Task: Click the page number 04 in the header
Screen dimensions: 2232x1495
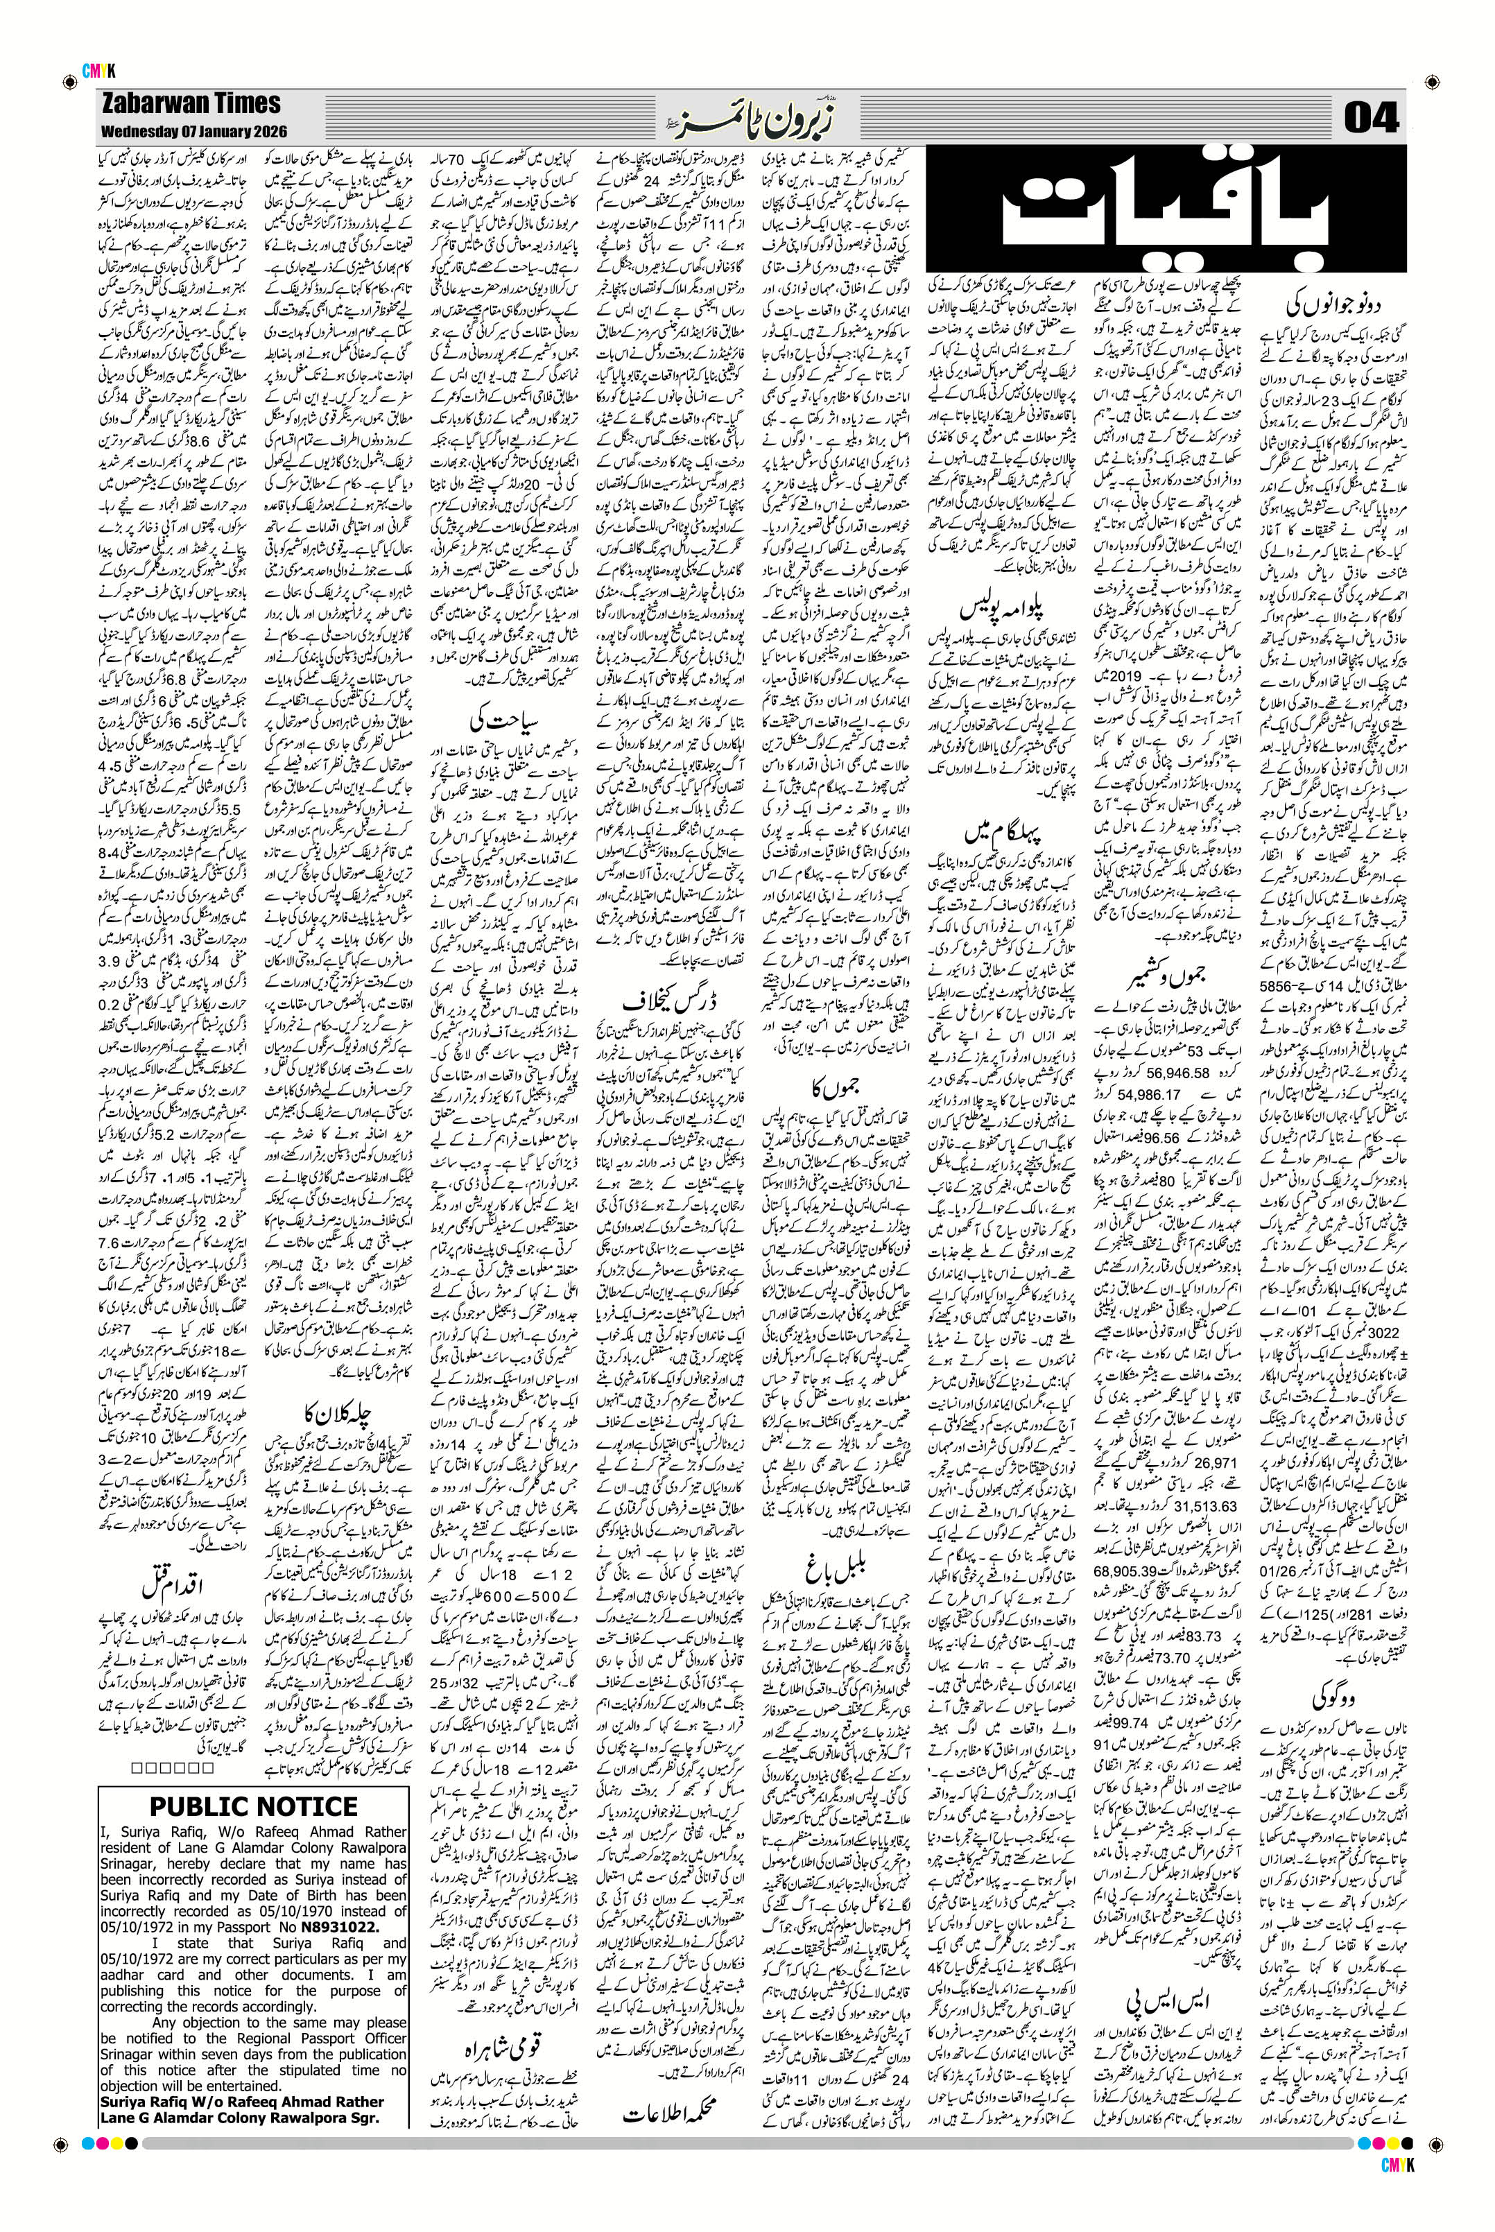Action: tap(1371, 119)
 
